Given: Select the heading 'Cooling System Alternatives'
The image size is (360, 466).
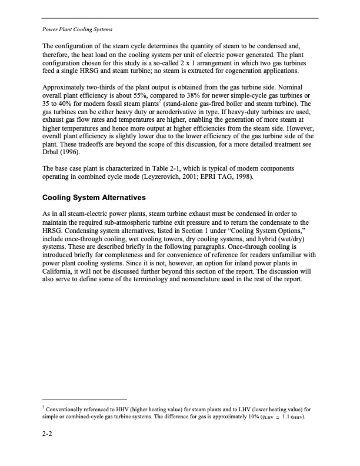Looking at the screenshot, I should coord(94,197).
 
